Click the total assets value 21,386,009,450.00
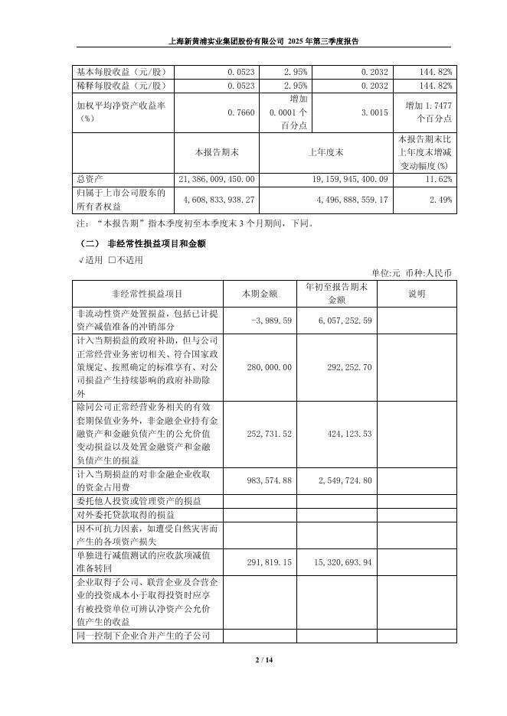[x=217, y=179]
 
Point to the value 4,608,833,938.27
[x=219, y=200]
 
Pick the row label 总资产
[x=89, y=179]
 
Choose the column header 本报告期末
[x=217, y=152]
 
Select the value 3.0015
[x=377, y=112]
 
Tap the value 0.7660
[x=241, y=112]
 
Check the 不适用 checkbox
[x=112, y=259]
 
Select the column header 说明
[x=417, y=293]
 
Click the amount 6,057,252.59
[x=344, y=321]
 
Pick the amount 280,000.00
[x=269, y=367]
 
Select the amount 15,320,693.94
[x=341, y=562]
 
